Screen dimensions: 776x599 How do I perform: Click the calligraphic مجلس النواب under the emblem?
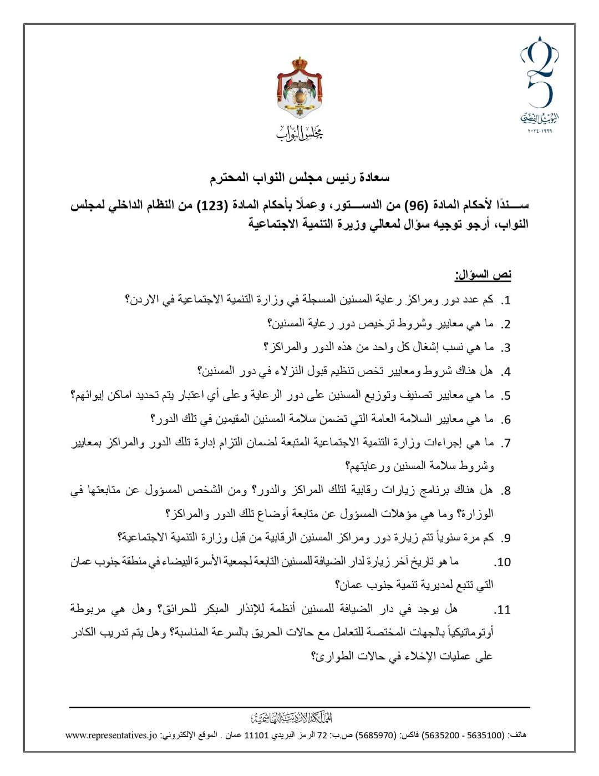click(x=299, y=132)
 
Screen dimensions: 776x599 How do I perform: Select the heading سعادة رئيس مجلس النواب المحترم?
click(x=299, y=178)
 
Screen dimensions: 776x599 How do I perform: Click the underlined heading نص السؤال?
click(x=483, y=275)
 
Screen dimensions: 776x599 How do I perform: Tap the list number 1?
click(x=505, y=301)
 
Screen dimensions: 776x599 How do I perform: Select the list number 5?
click(x=505, y=396)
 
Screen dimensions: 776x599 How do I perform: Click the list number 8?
click(x=505, y=491)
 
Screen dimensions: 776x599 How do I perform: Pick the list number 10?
click(x=502, y=562)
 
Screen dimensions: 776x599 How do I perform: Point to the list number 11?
click(x=502, y=610)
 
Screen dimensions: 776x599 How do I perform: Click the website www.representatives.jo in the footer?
click(x=111, y=735)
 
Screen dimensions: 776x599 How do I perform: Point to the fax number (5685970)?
click(x=376, y=735)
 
